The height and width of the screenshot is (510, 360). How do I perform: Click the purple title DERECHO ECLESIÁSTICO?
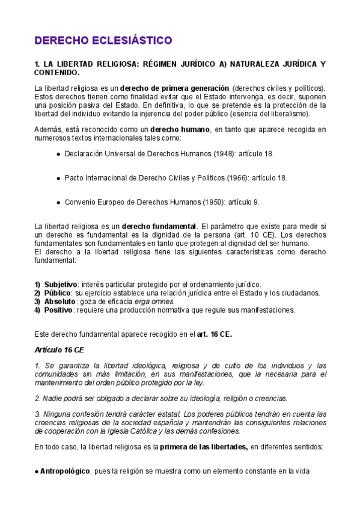[103, 40]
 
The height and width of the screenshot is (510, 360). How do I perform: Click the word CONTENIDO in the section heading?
[56, 72]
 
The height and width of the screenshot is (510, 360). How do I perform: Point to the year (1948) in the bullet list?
[224, 154]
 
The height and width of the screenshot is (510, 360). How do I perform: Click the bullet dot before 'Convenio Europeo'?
[58, 203]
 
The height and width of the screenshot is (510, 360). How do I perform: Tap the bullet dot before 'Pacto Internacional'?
[58, 179]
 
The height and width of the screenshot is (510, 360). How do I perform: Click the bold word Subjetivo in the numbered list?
[61, 284]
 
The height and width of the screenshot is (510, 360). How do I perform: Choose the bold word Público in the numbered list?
[58, 293]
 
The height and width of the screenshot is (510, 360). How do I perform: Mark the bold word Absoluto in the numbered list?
[60, 301]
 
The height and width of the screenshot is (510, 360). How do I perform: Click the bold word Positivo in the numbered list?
[59, 310]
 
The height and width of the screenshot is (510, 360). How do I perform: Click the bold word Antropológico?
[65, 471]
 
